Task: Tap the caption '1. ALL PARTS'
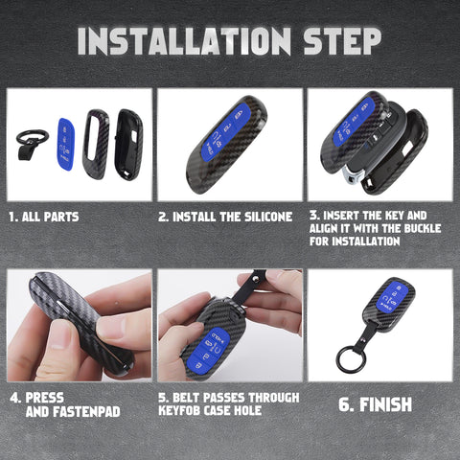pos(44,217)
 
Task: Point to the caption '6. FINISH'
pos(376,404)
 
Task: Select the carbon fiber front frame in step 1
pos(96,144)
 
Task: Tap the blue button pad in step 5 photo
pos(213,346)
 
